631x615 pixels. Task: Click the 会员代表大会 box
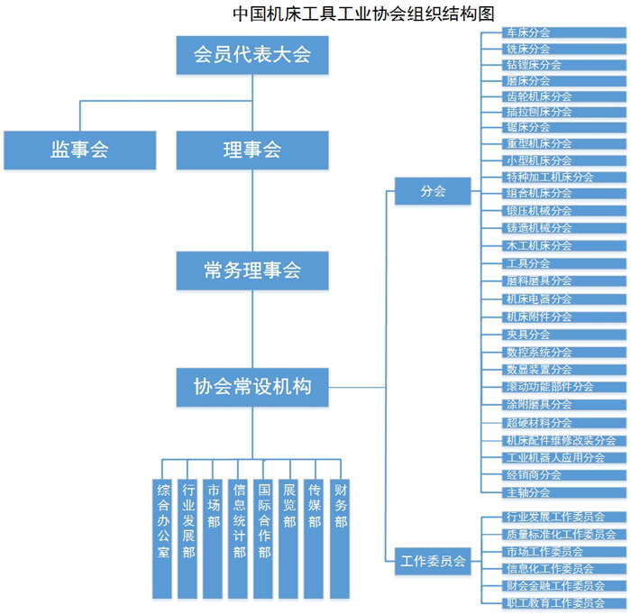point(252,54)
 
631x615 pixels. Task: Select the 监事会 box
point(79,150)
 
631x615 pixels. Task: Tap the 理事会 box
point(252,150)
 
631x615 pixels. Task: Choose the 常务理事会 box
point(252,270)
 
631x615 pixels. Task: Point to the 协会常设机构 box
point(252,387)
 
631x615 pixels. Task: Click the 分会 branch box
point(433,191)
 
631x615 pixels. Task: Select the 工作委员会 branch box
point(433,561)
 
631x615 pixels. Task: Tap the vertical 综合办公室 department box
point(162,538)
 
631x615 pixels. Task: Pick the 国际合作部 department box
point(264,538)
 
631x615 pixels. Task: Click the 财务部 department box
point(340,538)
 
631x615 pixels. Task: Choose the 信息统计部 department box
point(239,538)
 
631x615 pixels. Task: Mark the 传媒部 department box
point(315,538)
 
